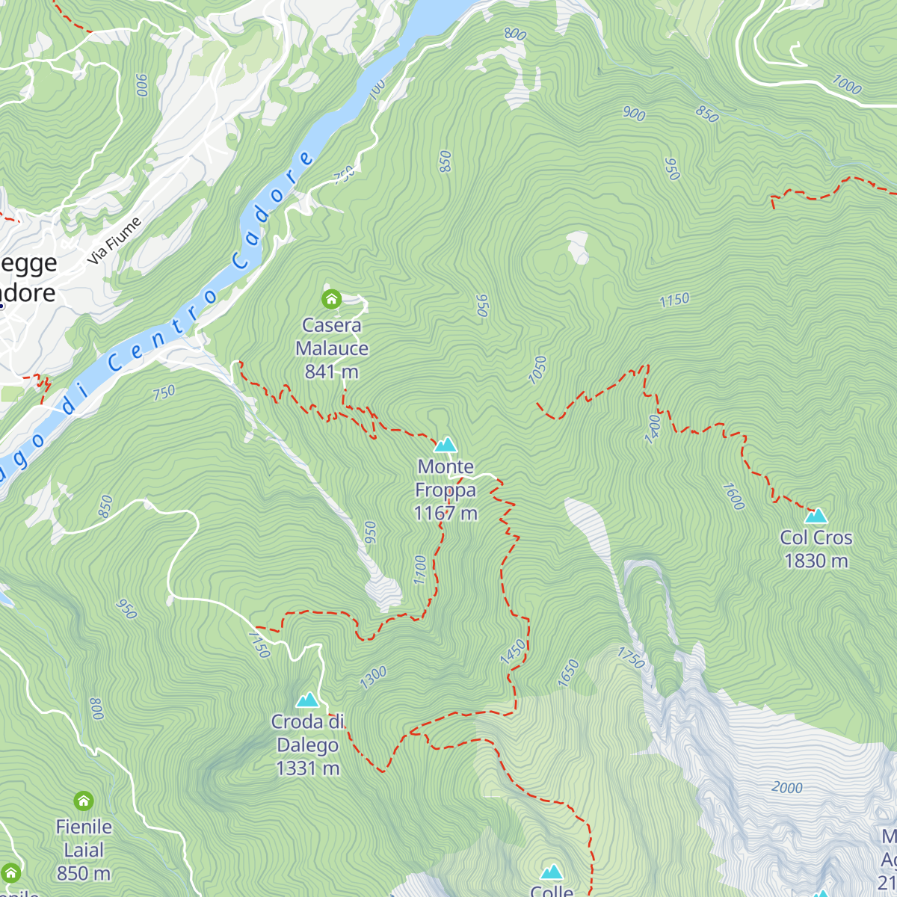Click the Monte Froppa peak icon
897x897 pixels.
coord(446,446)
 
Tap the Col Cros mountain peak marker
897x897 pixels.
coord(816,516)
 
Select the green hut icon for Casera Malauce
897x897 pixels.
coord(331,300)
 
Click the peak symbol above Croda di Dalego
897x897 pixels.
coord(307,700)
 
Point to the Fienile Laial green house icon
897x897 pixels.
coord(84,801)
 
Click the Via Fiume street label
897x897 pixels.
coord(114,241)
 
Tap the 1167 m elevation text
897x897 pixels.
coord(446,514)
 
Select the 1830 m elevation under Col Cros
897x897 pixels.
coord(816,561)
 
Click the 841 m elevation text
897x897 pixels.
coord(331,372)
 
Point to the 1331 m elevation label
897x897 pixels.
coord(307,768)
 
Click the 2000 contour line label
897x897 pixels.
coord(786,788)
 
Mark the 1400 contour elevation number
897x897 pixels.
coord(653,429)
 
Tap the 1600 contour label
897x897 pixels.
coord(733,496)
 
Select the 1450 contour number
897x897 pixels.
coord(513,651)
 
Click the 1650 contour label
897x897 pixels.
coord(568,673)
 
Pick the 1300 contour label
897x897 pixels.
coord(373,677)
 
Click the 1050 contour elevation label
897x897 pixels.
coord(537,370)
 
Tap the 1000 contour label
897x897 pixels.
coord(846,84)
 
